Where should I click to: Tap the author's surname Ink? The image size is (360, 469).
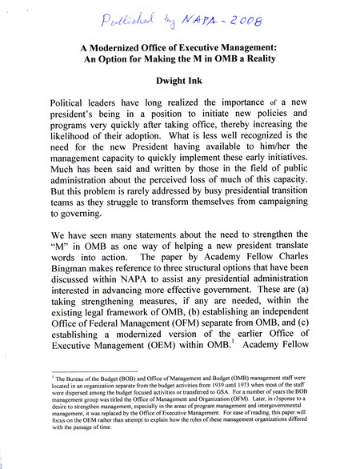click(x=200, y=82)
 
